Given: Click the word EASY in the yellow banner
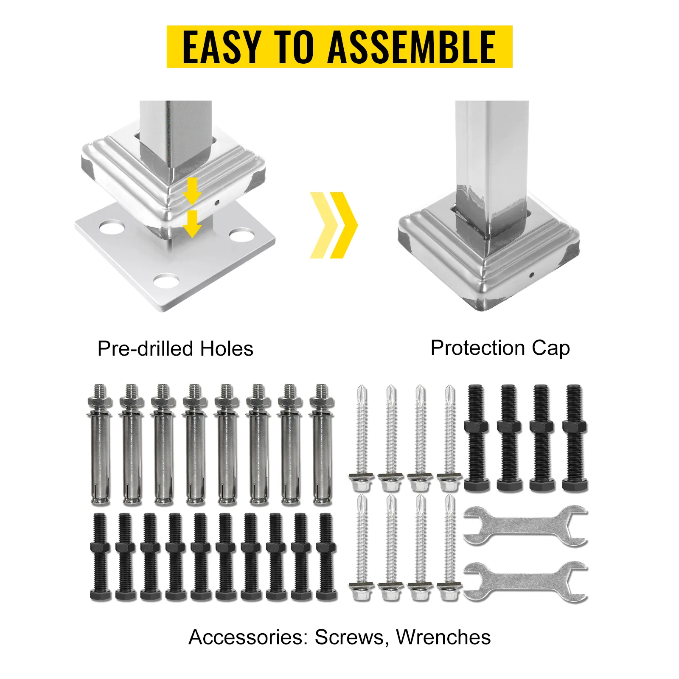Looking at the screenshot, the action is pyautogui.click(x=222, y=47).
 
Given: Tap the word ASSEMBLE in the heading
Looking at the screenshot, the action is pyautogui.click(x=412, y=47).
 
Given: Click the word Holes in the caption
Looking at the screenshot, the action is pyautogui.click(x=227, y=349).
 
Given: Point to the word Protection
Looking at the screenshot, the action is pyautogui.click(x=478, y=348).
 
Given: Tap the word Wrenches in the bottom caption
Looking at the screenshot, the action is pyautogui.click(x=443, y=637).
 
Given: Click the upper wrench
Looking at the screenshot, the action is pyautogui.click(x=525, y=525).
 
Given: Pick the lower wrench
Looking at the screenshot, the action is pyautogui.click(x=525, y=581).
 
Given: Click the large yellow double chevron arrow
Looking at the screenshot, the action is pyautogui.click(x=334, y=225).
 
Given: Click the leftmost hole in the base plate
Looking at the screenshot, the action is pyautogui.click(x=112, y=227).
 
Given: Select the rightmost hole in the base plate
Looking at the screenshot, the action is pyautogui.click(x=241, y=235).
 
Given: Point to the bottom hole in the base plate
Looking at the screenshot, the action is pyautogui.click(x=166, y=281).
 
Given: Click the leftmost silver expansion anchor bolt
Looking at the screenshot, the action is pyautogui.click(x=100, y=444).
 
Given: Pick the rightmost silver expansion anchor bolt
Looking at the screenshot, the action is pyautogui.click(x=322, y=444).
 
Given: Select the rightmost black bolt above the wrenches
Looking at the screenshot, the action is pyautogui.click(x=575, y=438).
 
